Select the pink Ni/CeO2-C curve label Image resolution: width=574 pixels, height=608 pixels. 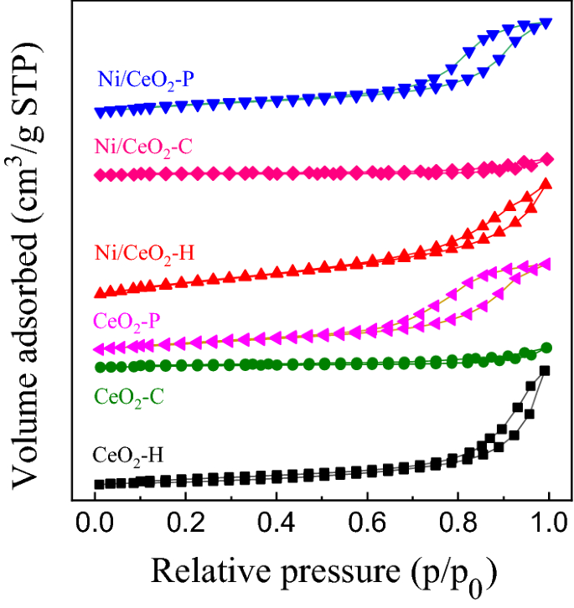tap(147, 149)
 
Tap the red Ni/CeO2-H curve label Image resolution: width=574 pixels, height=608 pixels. tap(144, 251)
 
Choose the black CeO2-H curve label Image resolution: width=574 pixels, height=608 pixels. tap(128, 457)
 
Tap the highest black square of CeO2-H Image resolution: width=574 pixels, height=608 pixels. tap(545, 370)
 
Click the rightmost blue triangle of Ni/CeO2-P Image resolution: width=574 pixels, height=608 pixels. tap(546, 23)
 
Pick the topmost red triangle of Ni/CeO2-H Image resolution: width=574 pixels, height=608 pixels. tap(546, 183)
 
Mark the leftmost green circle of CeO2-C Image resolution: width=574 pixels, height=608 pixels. tap(100, 367)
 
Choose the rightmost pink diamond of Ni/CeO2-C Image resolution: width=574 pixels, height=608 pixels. tap(547, 159)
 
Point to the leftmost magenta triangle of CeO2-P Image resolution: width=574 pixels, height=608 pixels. tap(99, 348)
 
